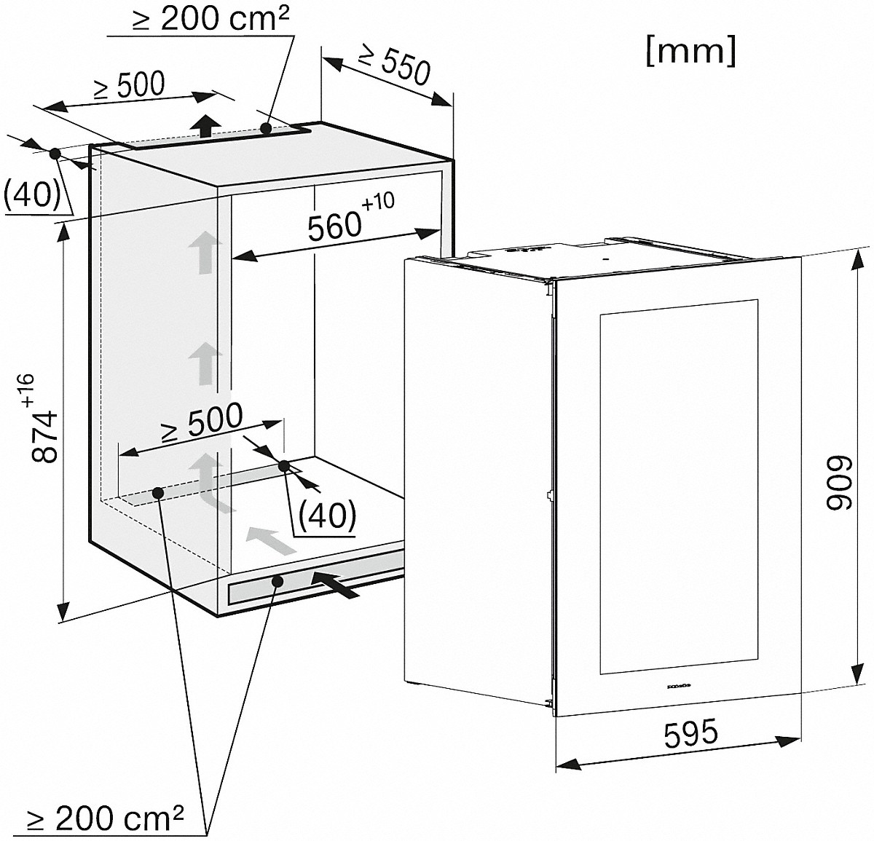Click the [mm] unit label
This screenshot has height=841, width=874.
(x=691, y=52)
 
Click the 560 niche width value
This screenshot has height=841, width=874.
(x=334, y=226)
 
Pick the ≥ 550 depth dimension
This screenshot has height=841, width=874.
(x=394, y=65)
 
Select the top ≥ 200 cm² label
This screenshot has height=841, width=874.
(x=210, y=19)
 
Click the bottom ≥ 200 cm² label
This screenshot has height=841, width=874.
(x=105, y=818)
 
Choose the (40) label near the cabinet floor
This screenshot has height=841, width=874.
(x=327, y=516)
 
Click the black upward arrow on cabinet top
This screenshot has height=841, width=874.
(x=205, y=125)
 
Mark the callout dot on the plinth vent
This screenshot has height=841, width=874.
(x=277, y=582)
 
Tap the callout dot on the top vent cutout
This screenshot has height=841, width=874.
(x=267, y=128)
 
